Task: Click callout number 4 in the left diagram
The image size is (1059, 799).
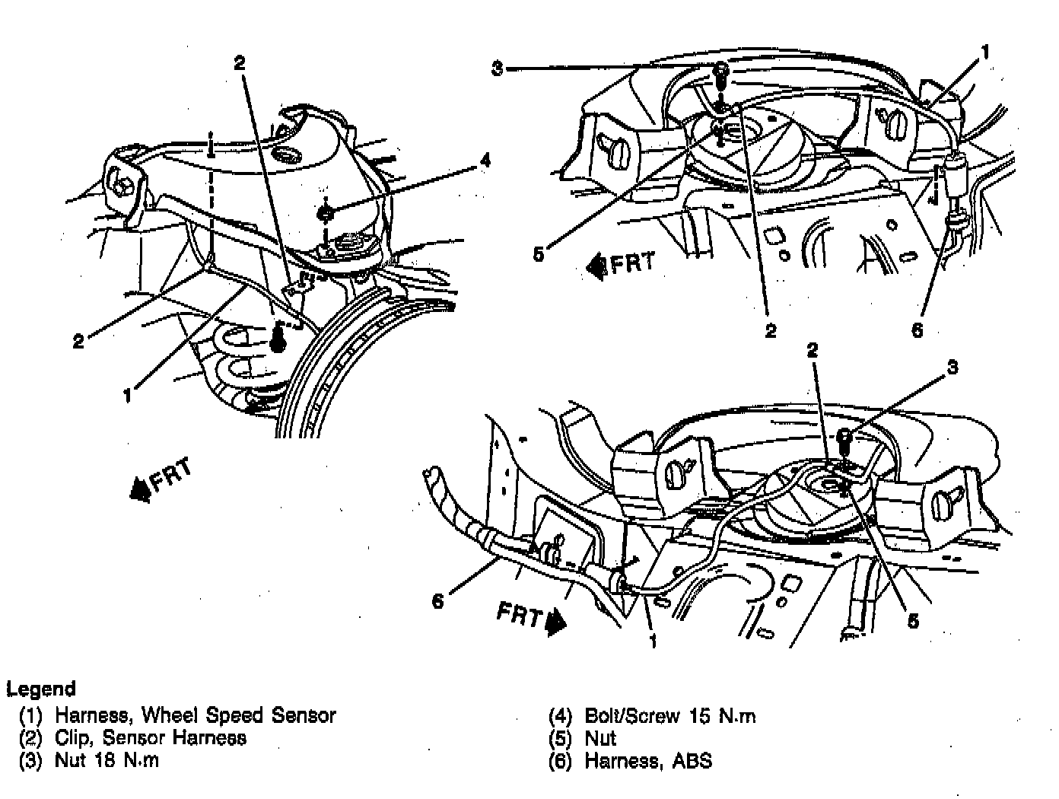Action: click(x=485, y=161)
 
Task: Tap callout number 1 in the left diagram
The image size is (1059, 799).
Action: click(x=127, y=396)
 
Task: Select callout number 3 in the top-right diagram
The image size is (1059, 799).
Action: click(x=497, y=68)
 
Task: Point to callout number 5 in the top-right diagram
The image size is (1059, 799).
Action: click(x=539, y=254)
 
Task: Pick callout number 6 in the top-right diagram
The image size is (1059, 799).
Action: click(x=917, y=329)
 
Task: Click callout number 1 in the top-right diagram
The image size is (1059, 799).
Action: click(x=984, y=53)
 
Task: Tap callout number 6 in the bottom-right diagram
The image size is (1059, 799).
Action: click(x=437, y=601)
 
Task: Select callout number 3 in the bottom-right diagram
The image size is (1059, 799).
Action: click(x=952, y=368)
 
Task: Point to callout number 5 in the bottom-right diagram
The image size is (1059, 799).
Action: click(x=913, y=620)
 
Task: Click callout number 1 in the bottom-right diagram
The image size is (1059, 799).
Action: click(x=652, y=641)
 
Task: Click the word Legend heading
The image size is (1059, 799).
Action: click(x=41, y=689)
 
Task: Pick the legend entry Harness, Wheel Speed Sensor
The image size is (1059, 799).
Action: click(x=195, y=715)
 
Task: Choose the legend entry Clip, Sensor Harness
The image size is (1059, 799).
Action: click(x=150, y=737)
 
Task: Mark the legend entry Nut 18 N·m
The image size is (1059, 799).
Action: click(x=107, y=760)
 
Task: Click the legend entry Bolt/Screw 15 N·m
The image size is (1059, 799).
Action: click(x=669, y=715)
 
